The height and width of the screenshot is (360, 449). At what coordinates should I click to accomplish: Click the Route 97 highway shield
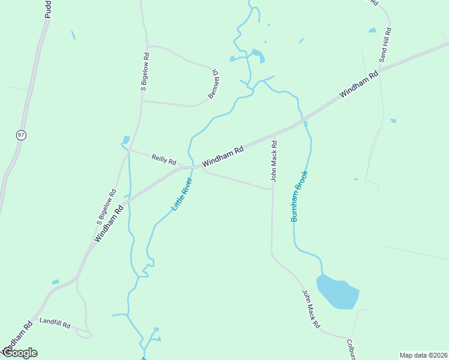22,135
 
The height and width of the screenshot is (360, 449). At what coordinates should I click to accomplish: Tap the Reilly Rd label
164,160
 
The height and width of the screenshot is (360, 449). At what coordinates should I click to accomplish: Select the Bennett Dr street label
214,84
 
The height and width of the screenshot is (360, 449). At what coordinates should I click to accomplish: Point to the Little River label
182,194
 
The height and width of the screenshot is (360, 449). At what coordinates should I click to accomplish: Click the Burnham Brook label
299,196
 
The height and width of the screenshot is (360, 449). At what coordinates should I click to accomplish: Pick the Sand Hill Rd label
384,45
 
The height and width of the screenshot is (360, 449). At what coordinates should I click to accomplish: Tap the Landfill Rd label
55,323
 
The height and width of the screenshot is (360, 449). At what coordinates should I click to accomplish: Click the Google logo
19,353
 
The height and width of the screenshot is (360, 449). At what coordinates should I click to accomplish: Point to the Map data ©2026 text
424,355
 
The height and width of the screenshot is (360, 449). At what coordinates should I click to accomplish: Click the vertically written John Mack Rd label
274,161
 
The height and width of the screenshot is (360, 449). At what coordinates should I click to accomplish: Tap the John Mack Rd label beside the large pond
311,310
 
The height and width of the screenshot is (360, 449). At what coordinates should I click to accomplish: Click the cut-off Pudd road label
48,9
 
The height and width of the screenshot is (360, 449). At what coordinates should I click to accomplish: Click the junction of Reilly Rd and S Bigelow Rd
129,151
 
